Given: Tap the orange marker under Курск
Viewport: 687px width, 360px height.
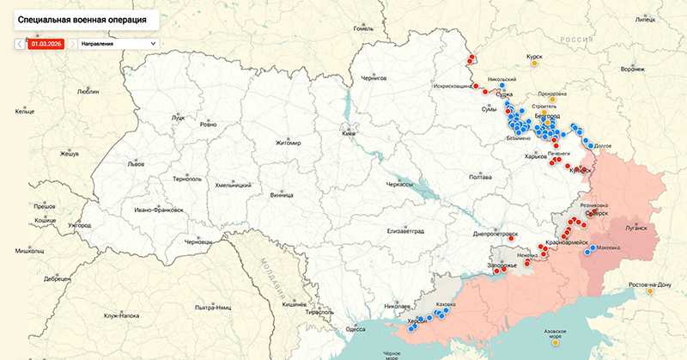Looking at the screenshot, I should pos(535,63).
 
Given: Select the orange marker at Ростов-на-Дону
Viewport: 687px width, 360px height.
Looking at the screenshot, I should pos(650,291).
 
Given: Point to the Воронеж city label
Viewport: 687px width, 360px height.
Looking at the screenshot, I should pos(632,69).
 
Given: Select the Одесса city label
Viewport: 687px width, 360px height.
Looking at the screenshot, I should pos(355,328).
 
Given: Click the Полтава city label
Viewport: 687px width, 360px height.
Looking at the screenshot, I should pos(480,177).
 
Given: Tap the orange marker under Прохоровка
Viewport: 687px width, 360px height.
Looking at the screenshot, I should pos(550,101).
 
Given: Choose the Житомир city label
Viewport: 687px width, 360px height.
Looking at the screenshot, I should pos(289,143).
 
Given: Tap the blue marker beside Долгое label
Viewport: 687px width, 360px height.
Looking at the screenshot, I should pos(589,143).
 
